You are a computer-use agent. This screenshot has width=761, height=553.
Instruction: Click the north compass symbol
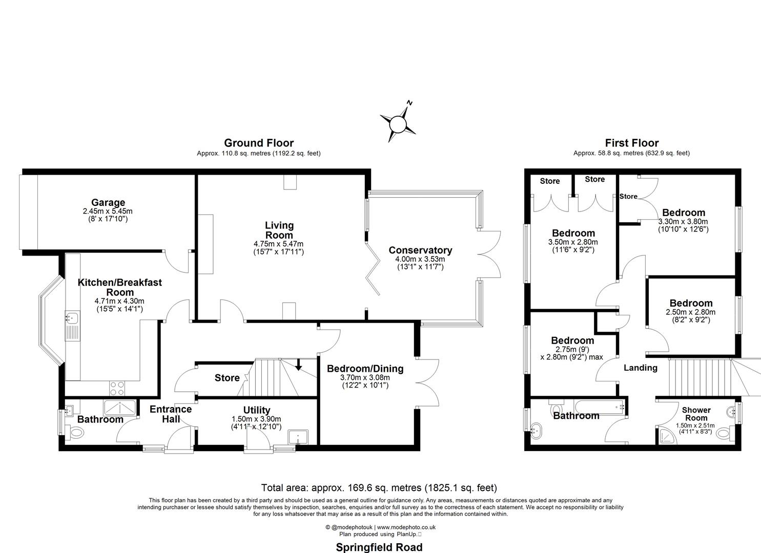[x=398, y=123]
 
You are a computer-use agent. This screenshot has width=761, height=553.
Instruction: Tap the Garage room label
[x=108, y=203]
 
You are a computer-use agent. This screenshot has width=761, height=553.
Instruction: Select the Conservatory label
[x=420, y=250]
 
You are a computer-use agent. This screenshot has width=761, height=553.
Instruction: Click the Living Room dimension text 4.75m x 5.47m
[x=279, y=244]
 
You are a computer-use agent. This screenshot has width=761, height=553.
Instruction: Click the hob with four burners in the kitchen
[x=116, y=388]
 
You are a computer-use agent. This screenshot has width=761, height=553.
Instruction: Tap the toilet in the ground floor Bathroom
[x=76, y=434]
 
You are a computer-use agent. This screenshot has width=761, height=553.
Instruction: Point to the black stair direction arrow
[x=299, y=365]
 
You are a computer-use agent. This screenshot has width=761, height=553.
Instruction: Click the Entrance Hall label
[x=171, y=414]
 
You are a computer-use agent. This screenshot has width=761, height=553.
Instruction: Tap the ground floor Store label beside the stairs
[x=227, y=378]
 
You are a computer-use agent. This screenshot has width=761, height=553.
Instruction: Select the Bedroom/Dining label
[x=365, y=369]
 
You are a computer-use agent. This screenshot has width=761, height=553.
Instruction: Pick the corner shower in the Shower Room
[x=666, y=435]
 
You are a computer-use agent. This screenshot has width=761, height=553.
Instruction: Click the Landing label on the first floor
[x=640, y=368]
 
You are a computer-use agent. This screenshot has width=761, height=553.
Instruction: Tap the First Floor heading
[x=631, y=143]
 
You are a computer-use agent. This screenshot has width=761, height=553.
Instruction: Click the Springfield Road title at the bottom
[x=379, y=547]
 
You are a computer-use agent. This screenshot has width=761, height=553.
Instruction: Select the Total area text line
[x=379, y=488]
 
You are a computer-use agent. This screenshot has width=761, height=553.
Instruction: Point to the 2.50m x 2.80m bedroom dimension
[x=690, y=312]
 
